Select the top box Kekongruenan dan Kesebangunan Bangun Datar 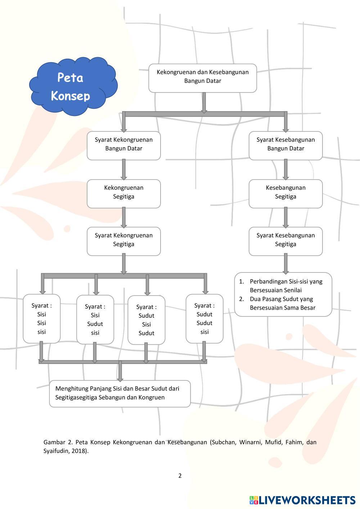click(x=203, y=78)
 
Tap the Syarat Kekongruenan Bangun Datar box click(x=123, y=145)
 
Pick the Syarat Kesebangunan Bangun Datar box click(x=285, y=145)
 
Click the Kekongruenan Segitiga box click(x=123, y=193)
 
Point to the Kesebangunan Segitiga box click(x=285, y=193)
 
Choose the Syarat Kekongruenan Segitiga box click(x=123, y=241)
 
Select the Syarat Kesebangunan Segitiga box click(x=285, y=241)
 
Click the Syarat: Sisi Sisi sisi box click(x=42, y=319)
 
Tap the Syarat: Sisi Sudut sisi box click(x=95, y=319)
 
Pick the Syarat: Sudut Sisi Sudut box click(x=147, y=320)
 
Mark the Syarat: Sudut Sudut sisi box click(x=204, y=319)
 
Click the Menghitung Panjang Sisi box click(x=120, y=393)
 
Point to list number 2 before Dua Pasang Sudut click(x=242, y=299)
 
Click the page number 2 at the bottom click(x=180, y=476)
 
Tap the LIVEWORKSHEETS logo click(x=302, y=500)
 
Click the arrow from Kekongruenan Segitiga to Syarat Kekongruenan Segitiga click(x=124, y=218)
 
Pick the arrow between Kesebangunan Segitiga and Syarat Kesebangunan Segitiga click(x=286, y=218)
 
